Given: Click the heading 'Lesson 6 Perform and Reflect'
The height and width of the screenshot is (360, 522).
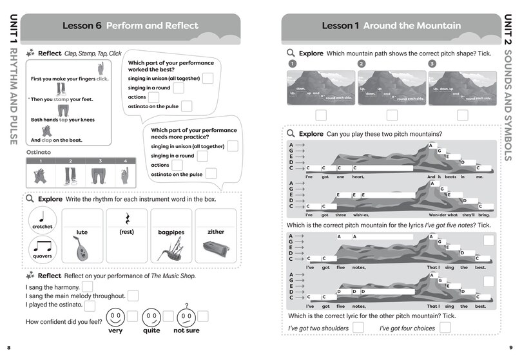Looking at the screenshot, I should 130,26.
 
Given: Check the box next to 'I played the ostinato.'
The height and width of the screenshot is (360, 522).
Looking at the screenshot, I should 90,306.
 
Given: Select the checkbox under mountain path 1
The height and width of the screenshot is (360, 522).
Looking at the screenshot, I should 320,115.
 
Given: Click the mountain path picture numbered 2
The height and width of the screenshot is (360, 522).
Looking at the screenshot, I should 391,88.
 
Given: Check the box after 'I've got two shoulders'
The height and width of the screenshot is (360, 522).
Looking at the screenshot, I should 358,328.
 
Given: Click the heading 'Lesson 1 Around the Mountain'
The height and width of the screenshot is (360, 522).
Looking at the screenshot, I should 391,26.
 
